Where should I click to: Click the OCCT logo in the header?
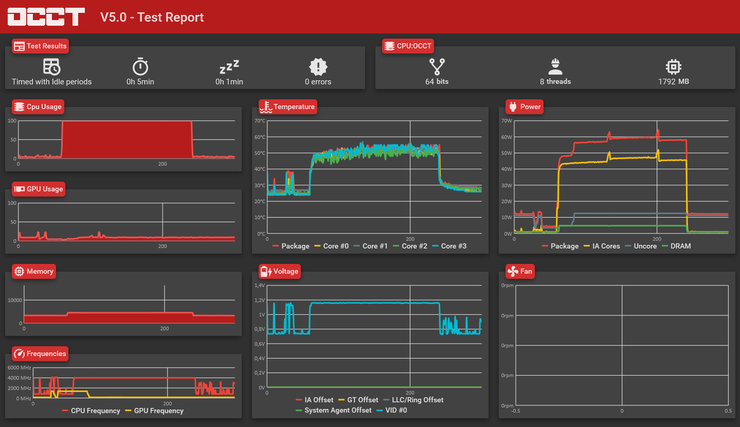46,17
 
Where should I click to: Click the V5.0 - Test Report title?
152,17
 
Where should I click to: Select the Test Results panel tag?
40,46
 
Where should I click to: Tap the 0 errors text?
318,82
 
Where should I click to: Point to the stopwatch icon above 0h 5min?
140,67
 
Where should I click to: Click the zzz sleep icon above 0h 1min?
230,67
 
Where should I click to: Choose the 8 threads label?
555,82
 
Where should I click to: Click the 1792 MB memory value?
673,82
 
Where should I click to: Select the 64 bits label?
436,82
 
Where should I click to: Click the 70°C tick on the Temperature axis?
260,121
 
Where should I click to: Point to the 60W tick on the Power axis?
507,137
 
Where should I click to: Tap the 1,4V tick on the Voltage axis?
260,285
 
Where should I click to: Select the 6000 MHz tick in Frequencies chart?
19,367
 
